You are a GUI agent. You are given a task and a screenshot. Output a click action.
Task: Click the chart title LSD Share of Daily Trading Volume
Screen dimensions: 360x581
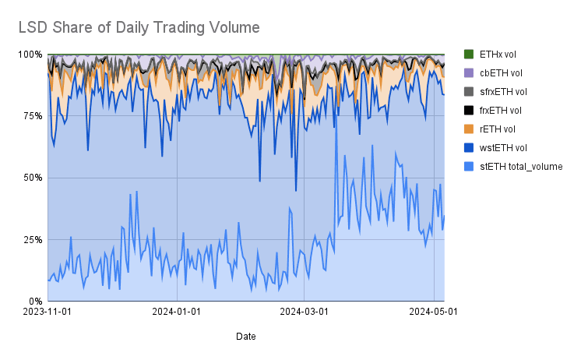[139, 27]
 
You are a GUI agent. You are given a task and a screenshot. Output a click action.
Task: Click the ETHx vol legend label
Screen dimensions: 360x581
[498, 55]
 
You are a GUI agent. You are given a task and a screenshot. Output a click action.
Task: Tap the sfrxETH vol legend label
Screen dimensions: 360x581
[503, 92]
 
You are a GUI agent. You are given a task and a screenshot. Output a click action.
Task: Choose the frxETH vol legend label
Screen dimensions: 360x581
[501, 111]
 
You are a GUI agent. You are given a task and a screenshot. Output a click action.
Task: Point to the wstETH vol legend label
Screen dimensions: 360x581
[502, 147]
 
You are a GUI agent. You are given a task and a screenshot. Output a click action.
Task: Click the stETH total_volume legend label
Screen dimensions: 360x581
[521, 166]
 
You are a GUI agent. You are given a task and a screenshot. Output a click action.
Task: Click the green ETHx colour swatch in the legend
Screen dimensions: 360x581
[469, 55]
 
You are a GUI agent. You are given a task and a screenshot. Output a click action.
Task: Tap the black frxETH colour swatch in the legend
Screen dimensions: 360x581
[469, 111]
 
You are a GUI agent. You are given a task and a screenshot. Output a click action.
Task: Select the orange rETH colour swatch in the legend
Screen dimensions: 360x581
[469, 129]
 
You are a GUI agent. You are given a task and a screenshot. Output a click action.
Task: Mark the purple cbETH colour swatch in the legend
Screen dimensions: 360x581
[469, 73]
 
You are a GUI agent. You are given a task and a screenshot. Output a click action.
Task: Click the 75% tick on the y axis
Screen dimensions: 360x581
[33, 116]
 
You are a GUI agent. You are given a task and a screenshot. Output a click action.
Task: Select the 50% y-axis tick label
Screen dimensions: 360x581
[33, 178]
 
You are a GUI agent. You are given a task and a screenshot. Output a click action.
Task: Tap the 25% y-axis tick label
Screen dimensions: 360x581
[33, 239]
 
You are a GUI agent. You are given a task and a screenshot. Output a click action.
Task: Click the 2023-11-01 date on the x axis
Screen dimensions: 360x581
[48, 312]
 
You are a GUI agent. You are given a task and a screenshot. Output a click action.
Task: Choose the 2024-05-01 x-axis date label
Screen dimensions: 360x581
[433, 312]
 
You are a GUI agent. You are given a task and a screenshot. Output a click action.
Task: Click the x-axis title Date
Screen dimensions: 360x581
[245, 337]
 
